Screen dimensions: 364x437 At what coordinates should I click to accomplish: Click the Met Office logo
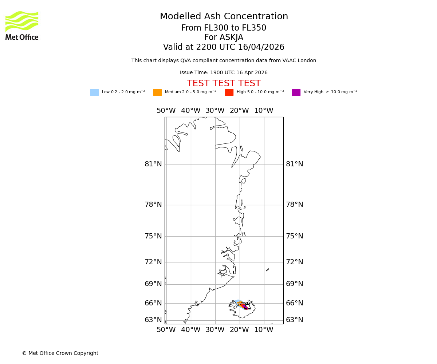(22, 25)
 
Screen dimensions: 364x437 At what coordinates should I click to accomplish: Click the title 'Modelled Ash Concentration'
(224, 17)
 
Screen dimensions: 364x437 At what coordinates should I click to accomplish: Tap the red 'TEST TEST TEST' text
(224, 84)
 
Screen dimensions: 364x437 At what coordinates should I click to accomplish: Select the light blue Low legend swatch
(94, 92)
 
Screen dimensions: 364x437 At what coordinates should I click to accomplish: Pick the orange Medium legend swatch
(157, 92)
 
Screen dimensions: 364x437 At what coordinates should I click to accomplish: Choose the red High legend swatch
(229, 92)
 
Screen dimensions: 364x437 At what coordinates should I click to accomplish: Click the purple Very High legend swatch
(296, 92)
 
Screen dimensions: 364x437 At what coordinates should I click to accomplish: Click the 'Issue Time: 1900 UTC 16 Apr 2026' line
(224, 73)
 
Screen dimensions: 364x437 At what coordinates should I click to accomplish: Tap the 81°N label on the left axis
(153, 165)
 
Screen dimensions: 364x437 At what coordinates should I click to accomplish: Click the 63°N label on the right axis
(294, 320)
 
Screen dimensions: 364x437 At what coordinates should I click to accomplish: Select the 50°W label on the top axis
(166, 111)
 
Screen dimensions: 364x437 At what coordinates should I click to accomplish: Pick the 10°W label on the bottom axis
(264, 330)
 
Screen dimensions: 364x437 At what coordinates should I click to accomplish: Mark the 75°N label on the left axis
(153, 236)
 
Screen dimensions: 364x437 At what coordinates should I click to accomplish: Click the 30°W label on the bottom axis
(215, 330)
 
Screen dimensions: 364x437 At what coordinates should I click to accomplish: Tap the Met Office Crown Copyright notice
(60, 353)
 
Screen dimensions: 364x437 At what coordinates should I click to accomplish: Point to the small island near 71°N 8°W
(267, 270)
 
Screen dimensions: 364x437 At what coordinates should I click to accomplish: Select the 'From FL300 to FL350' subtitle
(224, 28)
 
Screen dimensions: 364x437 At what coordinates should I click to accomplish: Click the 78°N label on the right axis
(294, 205)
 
